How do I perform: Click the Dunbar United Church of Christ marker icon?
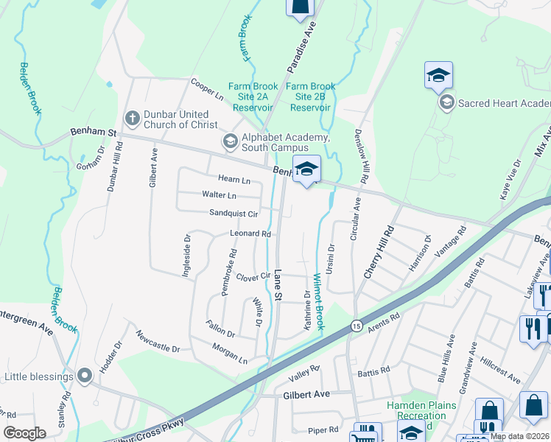[x=133, y=117]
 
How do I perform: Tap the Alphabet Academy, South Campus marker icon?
[x=230, y=140]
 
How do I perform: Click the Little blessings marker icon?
[x=85, y=376]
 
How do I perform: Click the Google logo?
[x=25, y=433]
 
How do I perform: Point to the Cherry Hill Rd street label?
[x=379, y=251]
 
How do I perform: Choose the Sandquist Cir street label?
[x=234, y=214]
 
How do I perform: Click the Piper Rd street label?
[x=323, y=429]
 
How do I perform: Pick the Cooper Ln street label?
[x=207, y=90]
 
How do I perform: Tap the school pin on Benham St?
[x=306, y=169]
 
